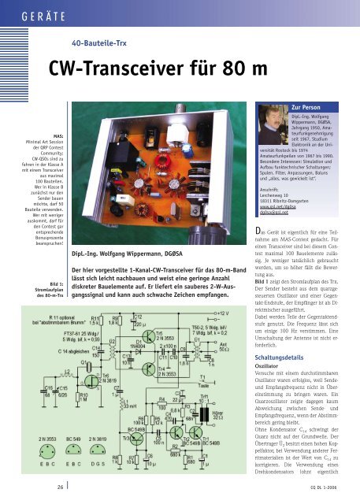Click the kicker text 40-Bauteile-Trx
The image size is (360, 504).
tap(100, 43)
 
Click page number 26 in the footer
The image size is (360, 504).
tap(61, 487)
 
